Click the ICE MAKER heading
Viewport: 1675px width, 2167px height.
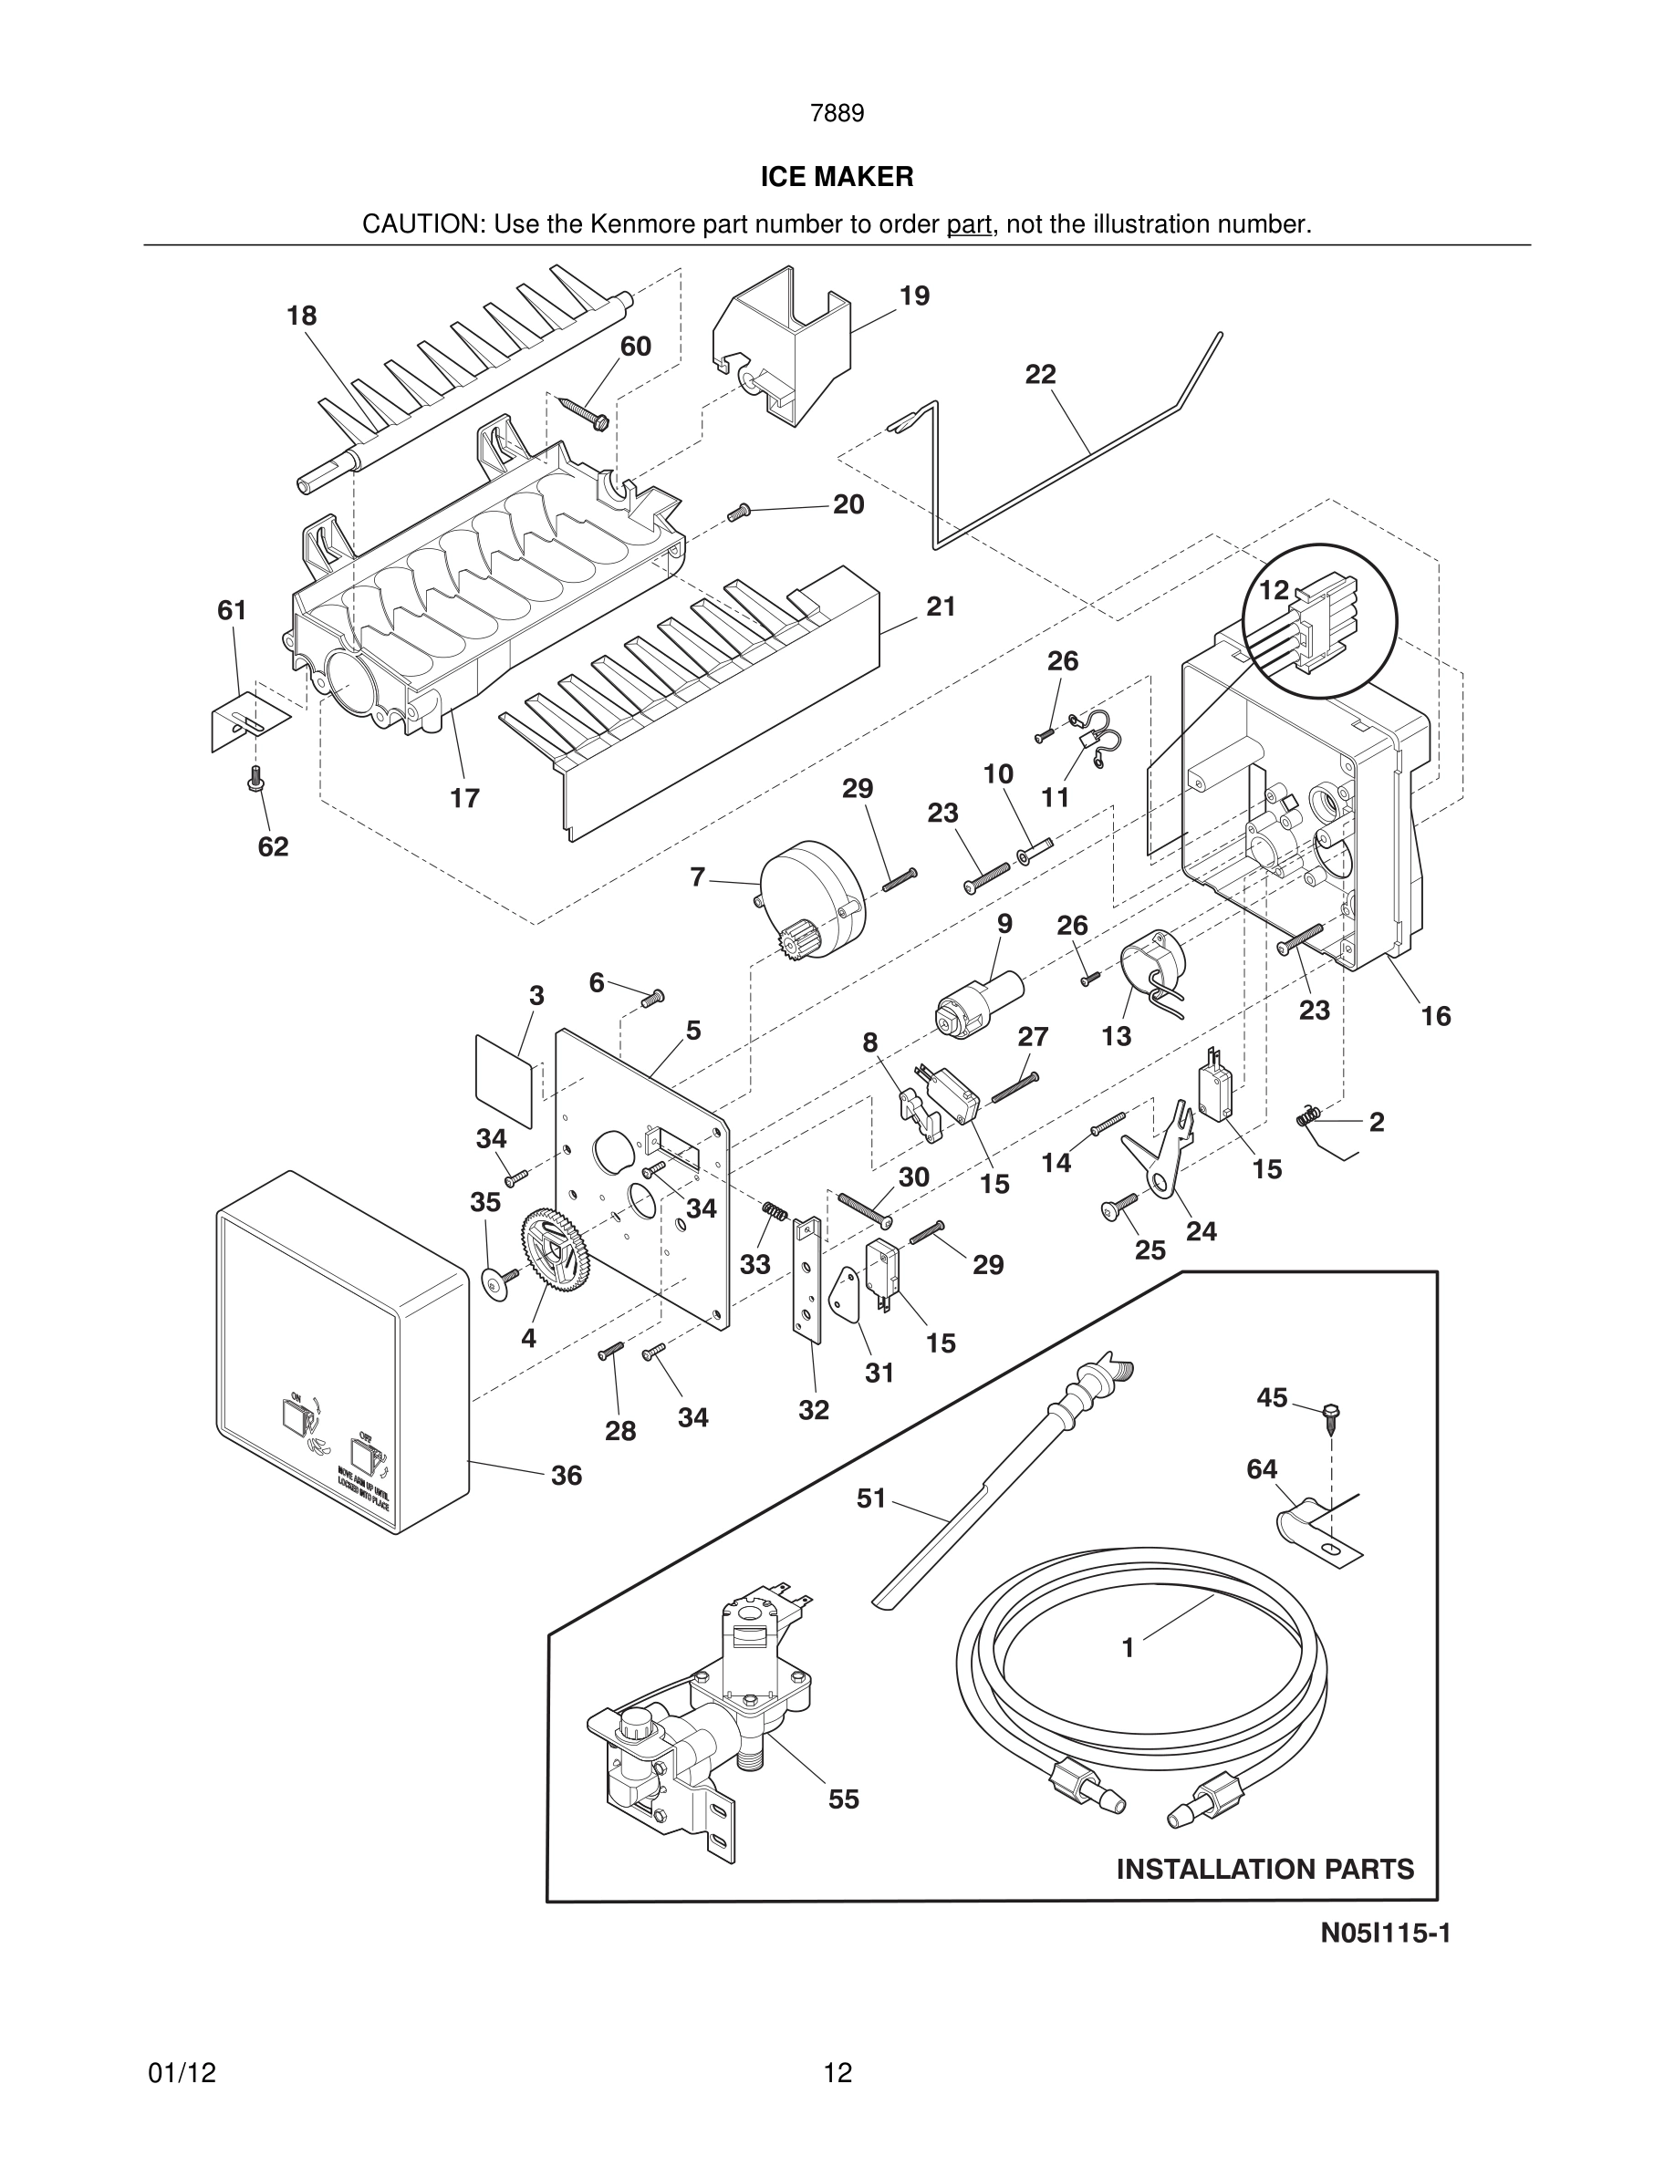(x=837, y=178)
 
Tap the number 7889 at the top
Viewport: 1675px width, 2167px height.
(x=837, y=114)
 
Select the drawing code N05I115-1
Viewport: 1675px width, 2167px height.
(x=1385, y=1933)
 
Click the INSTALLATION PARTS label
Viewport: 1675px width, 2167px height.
(x=1265, y=1870)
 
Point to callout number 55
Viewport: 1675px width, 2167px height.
(x=844, y=1799)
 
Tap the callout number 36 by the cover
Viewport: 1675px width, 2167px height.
(x=567, y=1476)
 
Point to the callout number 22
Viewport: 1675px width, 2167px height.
(x=1040, y=375)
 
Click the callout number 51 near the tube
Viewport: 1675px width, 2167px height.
(x=870, y=1498)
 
